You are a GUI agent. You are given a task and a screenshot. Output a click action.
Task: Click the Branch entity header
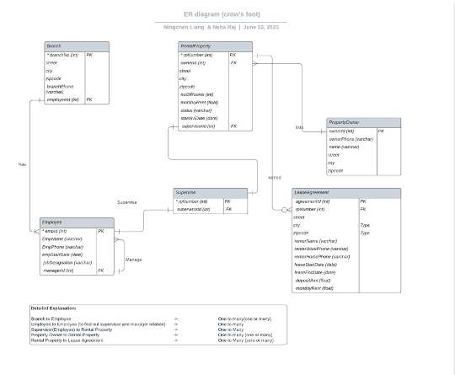[x=54, y=46]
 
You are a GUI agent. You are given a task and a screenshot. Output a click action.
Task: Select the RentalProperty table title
[x=195, y=46]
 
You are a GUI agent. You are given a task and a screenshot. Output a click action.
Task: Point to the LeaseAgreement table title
[x=312, y=193]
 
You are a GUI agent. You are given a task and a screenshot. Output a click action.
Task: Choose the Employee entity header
[x=52, y=222]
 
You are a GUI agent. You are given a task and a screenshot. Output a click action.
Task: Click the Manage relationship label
[x=133, y=260]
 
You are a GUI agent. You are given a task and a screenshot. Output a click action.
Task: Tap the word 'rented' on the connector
[x=275, y=178]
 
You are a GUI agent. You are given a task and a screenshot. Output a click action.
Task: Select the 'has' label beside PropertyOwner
[x=299, y=128]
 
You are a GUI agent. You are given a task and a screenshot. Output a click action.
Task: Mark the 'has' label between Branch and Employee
[x=22, y=164]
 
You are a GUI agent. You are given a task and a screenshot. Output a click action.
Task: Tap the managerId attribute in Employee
[x=59, y=271]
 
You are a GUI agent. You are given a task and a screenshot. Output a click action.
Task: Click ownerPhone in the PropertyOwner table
[x=351, y=139]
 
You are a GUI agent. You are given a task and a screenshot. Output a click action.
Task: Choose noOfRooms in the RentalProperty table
[x=197, y=94]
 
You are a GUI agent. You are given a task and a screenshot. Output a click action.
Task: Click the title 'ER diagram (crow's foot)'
[x=222, y=14]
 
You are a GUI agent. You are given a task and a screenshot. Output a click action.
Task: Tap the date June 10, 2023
[x=261, y=27]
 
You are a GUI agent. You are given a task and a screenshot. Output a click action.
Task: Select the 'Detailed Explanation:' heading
[x=53, y=308]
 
